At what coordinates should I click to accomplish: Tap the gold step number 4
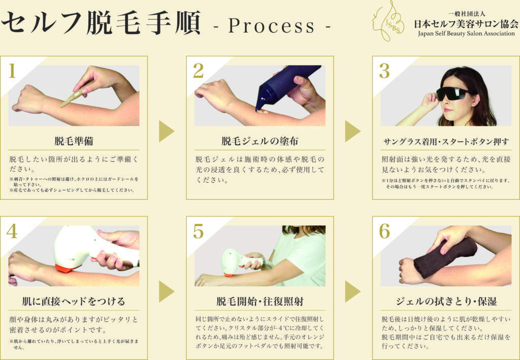point(12,231)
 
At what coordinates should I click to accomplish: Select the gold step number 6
point(384,231)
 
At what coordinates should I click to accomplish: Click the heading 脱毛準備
point(74,141)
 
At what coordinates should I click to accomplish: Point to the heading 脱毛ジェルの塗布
point(259,141)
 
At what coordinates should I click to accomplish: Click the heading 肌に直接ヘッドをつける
point(74,301)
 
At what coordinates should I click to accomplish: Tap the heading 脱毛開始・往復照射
point(259,301)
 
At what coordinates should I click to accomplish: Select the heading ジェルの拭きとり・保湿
point(446,301)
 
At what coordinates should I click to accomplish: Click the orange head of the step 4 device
point(68,268)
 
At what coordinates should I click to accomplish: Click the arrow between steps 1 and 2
point(166,132)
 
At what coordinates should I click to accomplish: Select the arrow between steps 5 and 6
point(352,292)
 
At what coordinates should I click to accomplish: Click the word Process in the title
point(272,26)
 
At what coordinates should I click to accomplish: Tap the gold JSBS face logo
point(388,21)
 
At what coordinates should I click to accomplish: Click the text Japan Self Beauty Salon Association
point(466,34)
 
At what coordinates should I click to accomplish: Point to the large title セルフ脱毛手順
point(101,22)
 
